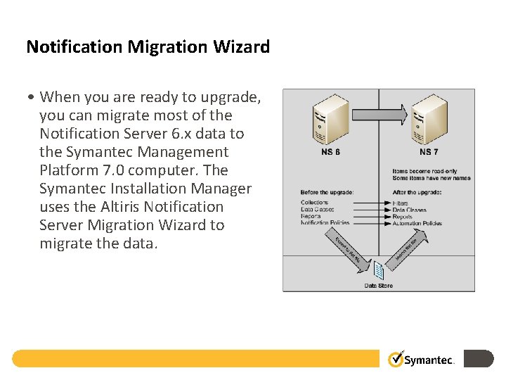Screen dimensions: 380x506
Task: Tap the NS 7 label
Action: point(429,152)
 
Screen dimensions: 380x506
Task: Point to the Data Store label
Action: point(379,286)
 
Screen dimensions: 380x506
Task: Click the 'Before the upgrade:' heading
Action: point(327,193)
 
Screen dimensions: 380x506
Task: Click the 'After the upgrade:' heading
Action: point(417,193)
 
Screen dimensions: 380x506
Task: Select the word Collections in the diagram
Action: point(315,203)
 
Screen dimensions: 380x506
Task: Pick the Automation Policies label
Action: point(417,223)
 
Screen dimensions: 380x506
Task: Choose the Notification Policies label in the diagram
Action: point(325,223)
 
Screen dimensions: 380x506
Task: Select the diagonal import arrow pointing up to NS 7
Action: point(407,250)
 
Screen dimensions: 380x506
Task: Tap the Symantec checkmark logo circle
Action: point(396,359)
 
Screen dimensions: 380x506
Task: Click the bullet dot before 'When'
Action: point(33,98)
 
